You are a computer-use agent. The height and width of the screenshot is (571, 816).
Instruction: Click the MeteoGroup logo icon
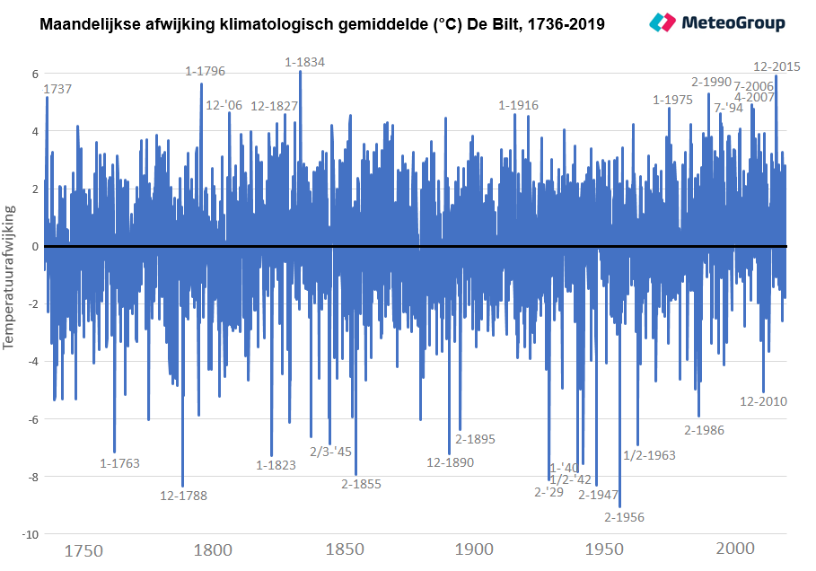tap(662, 22)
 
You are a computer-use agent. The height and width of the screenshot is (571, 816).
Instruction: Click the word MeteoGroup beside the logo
tap(733, 22)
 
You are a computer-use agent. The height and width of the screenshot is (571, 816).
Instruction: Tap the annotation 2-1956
tap(624, 517)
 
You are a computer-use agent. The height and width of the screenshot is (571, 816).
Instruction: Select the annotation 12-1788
tap(183, 496)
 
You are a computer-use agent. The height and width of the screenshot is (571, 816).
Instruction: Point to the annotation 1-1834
tap(304, 62)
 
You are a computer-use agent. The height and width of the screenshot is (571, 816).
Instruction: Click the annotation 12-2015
tap(777, 66)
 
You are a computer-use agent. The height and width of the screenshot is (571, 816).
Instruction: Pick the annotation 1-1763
tap(119, 463)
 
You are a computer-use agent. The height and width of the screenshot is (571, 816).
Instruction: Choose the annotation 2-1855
tap(361, 484)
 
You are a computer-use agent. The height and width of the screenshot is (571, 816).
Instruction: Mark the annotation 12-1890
tap(450, 462)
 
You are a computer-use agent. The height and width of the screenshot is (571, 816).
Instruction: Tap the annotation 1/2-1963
tap(649, 455)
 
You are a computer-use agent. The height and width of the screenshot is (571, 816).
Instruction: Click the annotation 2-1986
tap(704, 430)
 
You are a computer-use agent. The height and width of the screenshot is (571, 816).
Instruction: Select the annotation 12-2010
tap(763, 401)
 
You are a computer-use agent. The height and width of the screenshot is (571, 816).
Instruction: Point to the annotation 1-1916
tap(518, 105)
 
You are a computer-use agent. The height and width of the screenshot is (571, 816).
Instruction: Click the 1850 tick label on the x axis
tap(345, 549)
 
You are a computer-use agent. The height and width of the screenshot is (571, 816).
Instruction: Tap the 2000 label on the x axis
tap(735, 548)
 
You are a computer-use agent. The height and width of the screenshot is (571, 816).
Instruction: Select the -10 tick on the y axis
tap(31, 534)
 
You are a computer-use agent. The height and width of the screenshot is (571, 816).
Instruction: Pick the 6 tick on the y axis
tap(35, 74)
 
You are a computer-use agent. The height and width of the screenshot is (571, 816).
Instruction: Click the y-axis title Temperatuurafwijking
tap(9, 277)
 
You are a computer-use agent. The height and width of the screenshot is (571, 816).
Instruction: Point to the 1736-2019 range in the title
tap(566, 24)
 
